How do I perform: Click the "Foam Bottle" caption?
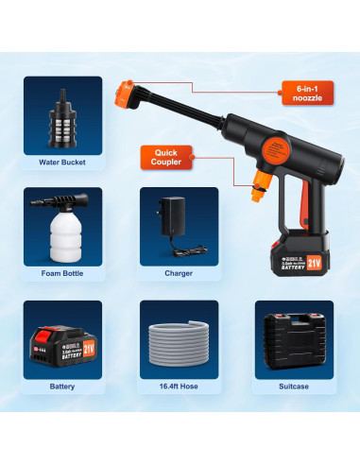coord(64,274)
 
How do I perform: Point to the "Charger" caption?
coord(178,274)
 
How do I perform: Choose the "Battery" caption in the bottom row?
coord(64,386)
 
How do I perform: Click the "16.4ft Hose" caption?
coord(178,386)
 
